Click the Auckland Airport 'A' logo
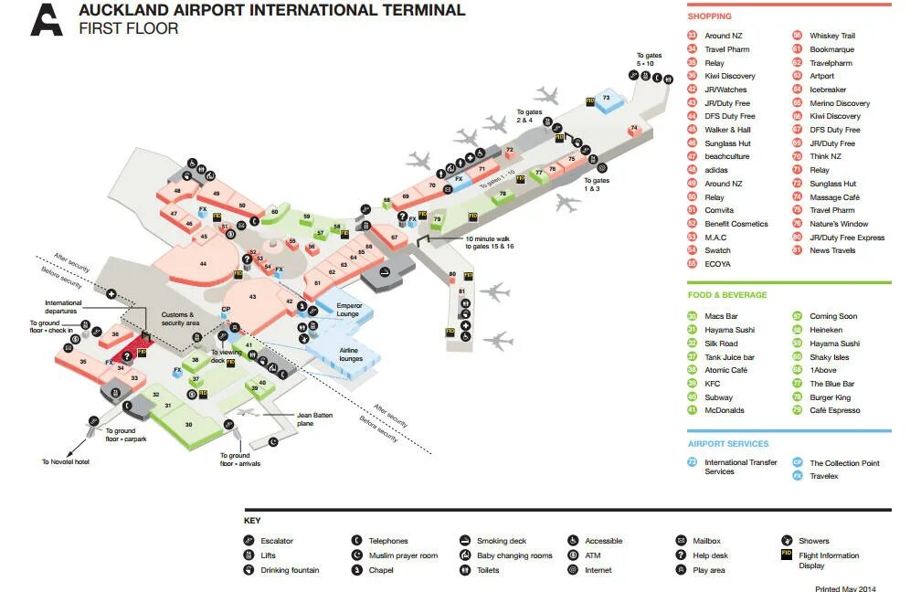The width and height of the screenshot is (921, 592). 46,19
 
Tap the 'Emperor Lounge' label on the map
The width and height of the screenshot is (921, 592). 349,310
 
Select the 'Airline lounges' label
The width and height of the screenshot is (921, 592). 350,354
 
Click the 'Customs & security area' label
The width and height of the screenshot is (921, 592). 180,319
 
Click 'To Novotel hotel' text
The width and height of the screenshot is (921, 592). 65,462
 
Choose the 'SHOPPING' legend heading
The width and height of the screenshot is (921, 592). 710,16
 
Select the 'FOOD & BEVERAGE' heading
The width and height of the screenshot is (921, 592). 727,295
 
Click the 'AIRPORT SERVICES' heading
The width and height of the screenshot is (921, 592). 728,444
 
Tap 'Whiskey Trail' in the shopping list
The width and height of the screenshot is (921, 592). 831,36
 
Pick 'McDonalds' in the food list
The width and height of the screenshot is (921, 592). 725,410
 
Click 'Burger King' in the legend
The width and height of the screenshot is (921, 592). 830,397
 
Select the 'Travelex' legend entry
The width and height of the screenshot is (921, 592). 823,476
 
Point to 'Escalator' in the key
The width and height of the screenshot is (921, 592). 276,541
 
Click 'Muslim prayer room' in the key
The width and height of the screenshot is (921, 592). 403,555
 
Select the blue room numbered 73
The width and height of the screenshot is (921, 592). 606,98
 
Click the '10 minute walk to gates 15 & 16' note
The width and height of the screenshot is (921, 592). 490,242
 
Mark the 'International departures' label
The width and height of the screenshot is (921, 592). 64,306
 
